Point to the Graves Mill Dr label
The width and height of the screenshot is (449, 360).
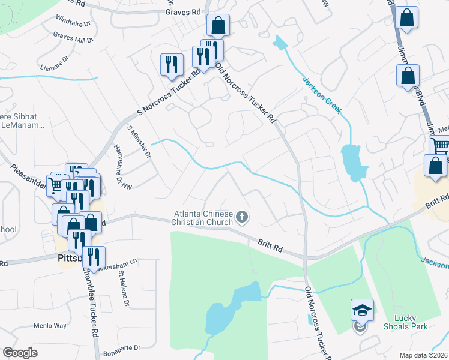tap(73, 38)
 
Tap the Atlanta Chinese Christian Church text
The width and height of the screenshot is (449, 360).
tap(203, 218)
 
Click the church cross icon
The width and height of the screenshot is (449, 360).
tap(242, 217)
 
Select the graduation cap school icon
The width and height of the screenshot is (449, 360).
tap(362, 310)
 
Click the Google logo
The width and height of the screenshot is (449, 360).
tap(20, 353)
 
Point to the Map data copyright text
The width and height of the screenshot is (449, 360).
tap(423, 355)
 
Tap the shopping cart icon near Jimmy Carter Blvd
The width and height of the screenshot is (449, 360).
tap(439, 145)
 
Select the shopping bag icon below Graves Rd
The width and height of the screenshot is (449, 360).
tap(218, 26)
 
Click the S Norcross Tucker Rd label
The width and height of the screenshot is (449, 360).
tap(169, 93)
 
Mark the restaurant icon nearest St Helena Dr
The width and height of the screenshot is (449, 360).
tap(93, 257)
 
